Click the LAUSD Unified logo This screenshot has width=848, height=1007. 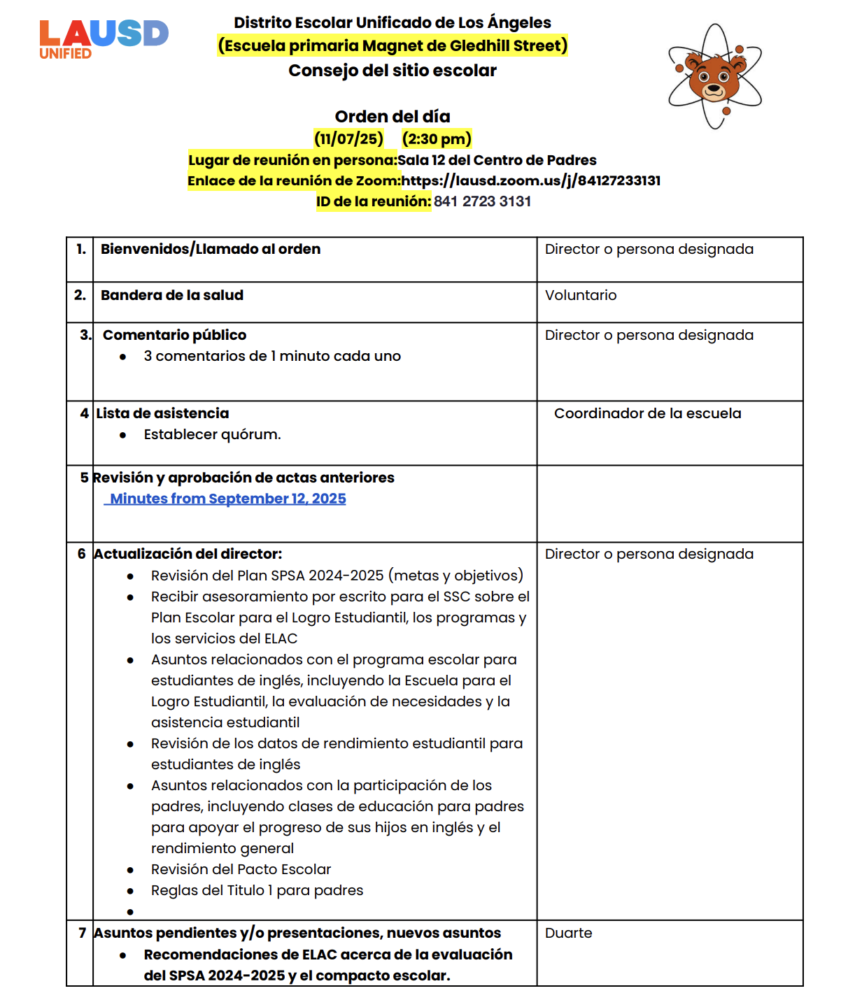coord(104,39)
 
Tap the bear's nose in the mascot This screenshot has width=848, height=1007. coord(714,88)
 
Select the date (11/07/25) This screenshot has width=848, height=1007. coord(348,138)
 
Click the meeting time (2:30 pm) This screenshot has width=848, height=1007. coord(437,138)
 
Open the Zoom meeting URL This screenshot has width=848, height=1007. coord(530,180)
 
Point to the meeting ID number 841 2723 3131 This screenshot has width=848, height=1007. coord(482,201)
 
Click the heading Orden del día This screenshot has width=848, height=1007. coord(392,116)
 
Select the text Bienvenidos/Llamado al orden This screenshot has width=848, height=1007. coord(211,249)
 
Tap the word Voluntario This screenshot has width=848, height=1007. coord(581,295)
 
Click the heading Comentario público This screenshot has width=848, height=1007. coord(174,335)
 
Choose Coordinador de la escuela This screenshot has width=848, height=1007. coord(647,413)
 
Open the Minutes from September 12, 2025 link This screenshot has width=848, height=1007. coord(228,499)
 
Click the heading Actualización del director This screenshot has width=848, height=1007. coord(188,554)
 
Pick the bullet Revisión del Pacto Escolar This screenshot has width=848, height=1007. coord(241,869)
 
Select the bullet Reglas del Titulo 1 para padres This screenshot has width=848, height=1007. coord(257,890)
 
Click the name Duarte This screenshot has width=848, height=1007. coord(568,933)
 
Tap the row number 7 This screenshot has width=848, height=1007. coord(83,933)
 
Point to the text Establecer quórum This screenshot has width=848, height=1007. coord(212,434)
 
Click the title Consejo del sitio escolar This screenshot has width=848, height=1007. coord(392,71)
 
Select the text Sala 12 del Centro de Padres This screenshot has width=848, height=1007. coord(497,160)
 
